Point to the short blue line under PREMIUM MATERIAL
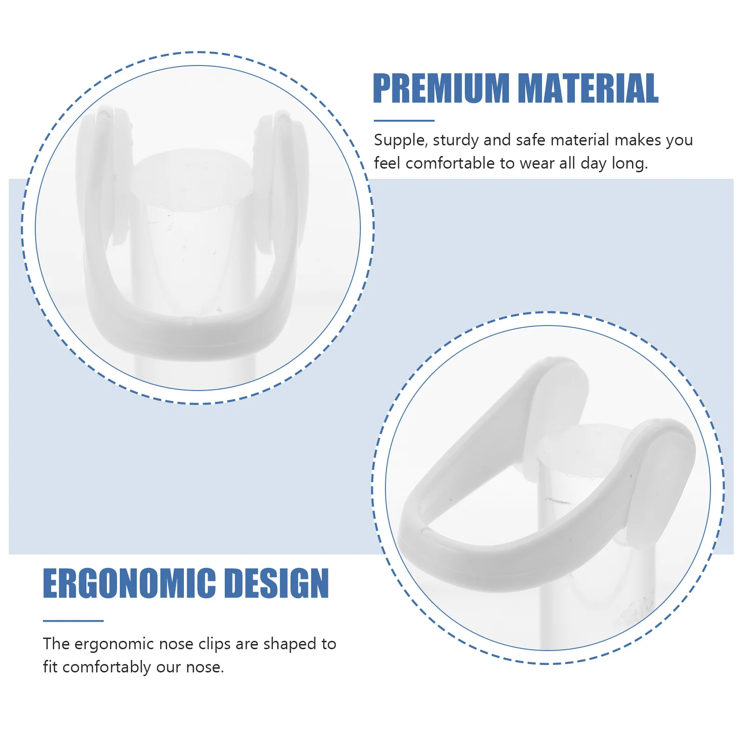pos(404,121)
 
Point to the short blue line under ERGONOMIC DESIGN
pos(73,620)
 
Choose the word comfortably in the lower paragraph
pos(107,667)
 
